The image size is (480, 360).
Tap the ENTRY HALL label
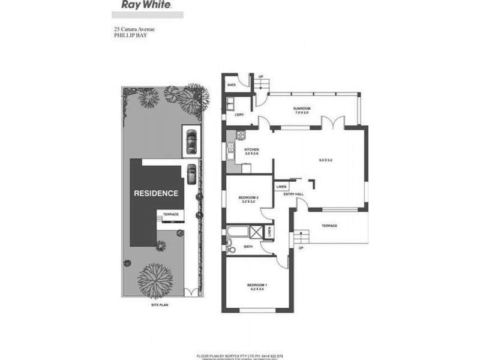pos(295,194)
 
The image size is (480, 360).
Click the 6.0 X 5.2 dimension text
pos(326,160)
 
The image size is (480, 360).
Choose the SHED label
pos(230,86)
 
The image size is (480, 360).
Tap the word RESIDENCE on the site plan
pos(155,193)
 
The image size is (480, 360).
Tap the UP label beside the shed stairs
pos(261,77)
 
